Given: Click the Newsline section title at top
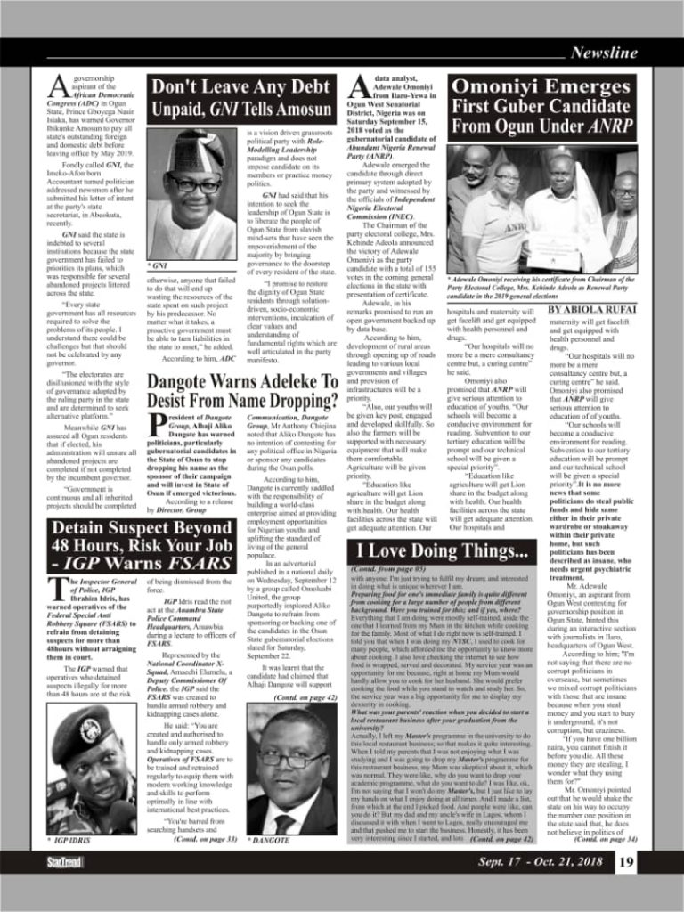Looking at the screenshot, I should pos(604,53).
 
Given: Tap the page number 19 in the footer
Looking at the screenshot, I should pos(626,861).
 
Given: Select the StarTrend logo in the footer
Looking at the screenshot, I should pos(65,862).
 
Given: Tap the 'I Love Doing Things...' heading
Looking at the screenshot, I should pos(443,550).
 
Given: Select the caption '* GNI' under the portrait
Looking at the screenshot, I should pos(157,265).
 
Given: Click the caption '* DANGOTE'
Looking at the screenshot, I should pos(273,840).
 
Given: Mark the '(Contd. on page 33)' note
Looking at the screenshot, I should pos(206,839).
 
